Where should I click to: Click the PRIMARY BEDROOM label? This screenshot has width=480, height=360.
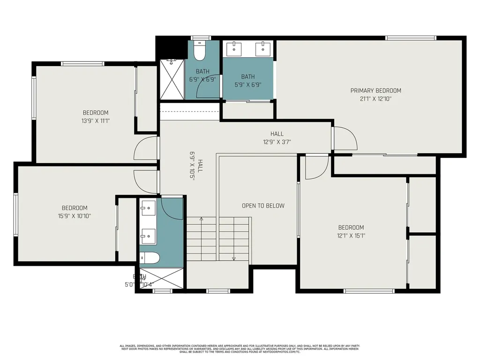point(375,90)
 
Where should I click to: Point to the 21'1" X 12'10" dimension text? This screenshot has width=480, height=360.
point(375,99)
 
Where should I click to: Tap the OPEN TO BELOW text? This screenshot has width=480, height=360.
point(263,206)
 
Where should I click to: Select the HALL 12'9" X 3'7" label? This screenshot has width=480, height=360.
point(277,138)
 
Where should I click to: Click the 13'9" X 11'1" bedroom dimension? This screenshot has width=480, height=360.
point(96,120)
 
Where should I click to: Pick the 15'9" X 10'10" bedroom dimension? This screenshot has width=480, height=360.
point(75,216)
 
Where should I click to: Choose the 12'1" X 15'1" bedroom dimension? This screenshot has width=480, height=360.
point(351,236)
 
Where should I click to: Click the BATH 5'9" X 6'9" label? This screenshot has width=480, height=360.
point(248,81)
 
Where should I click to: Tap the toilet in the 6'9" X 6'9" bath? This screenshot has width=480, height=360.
point(200,51)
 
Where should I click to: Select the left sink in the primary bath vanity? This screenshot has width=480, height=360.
point(233,48)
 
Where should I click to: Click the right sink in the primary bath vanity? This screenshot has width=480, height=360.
point(262,48)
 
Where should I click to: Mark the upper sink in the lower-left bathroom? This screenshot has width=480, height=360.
point(148,207)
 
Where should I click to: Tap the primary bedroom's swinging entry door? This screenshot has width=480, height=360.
point(345,139)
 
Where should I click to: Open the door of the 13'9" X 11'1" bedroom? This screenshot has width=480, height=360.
point(146,149)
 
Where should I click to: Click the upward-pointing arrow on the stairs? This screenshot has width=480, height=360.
point(201,219)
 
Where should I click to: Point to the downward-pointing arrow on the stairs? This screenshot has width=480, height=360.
point(233,258)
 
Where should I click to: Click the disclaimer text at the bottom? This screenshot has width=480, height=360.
point(240,349)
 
